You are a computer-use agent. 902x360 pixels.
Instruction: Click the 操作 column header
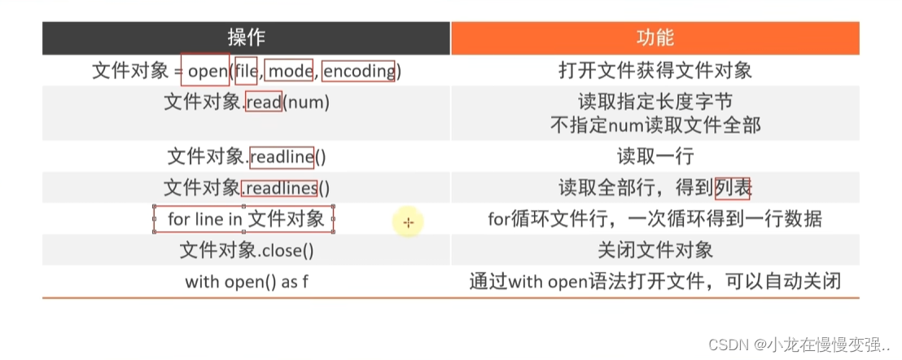[246, 37]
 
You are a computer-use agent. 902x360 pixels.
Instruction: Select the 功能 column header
[655, 37]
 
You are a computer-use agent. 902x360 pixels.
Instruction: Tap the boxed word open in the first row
[206, 71]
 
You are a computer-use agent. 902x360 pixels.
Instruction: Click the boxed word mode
[290, 71]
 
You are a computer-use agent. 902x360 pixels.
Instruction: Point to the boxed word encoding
[358, 71]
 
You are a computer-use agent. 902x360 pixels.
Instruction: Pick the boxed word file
[246, 71]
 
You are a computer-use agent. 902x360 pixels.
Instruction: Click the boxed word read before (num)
[264, 102]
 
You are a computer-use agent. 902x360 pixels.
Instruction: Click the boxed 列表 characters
[733, 188]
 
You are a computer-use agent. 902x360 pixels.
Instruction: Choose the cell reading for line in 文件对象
[245, 219]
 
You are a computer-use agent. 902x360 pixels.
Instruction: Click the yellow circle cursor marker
[408, 221]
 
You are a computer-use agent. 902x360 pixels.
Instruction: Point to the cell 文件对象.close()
[246, 251]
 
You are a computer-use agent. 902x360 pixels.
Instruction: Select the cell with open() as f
[246, 282]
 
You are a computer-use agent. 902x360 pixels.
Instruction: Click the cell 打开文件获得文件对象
[655, 71]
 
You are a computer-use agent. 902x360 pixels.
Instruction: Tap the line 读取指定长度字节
[655, 102]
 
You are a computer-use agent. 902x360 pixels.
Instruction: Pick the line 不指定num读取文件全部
[655, 125]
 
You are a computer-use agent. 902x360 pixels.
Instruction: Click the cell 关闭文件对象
[655, 251]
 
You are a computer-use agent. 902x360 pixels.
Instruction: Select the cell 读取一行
[655, 156]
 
